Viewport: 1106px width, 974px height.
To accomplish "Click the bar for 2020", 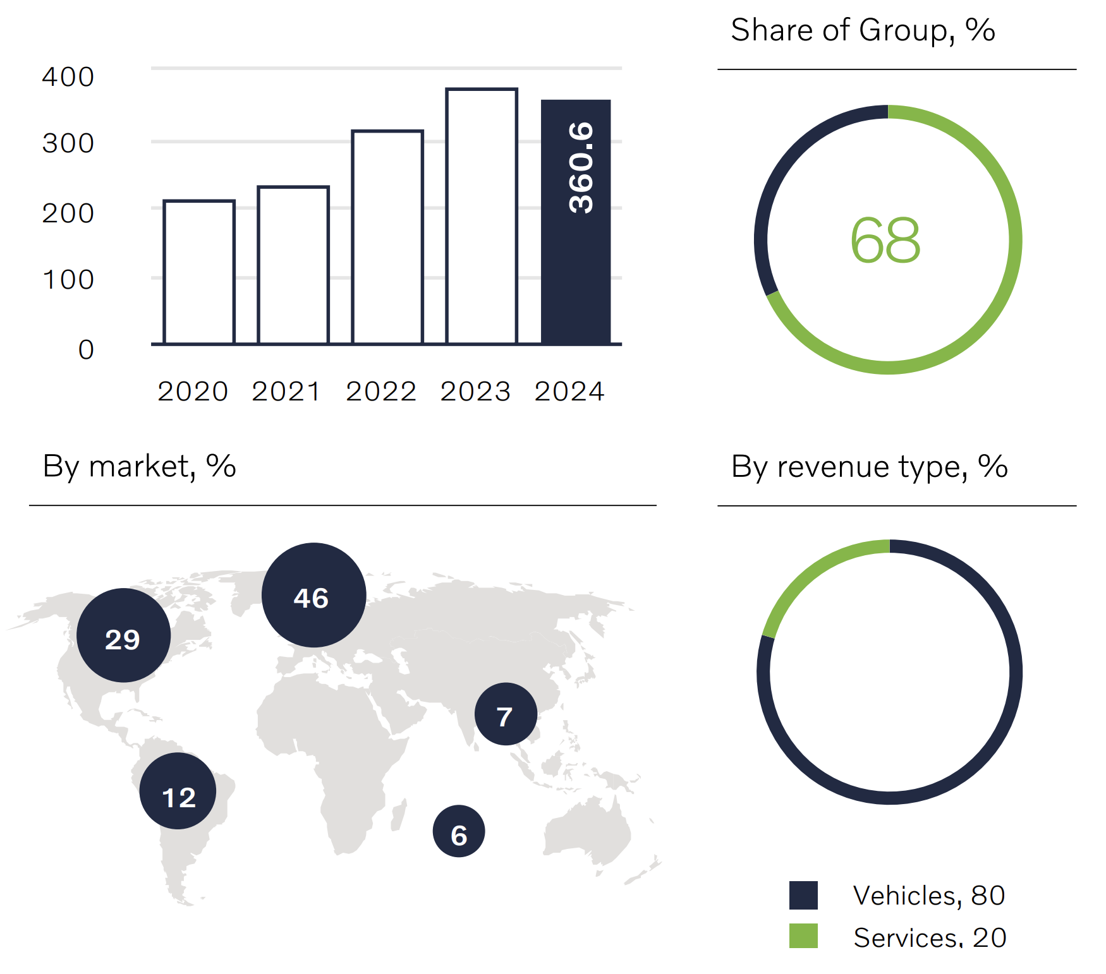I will [199, 272].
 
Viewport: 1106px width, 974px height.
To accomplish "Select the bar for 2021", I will [293, 265].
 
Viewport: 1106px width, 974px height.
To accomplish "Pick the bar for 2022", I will [387, 237].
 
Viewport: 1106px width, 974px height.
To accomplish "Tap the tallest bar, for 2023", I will [482, 217].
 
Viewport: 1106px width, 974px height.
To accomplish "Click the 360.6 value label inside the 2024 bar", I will [581, 167].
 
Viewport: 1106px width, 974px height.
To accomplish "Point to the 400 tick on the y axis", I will [68, 77].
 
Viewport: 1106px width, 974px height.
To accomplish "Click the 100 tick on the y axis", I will [68, 280].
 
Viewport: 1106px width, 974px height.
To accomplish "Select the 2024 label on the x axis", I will [569, 392].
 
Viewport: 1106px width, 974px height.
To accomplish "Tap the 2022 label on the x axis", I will [381, 392].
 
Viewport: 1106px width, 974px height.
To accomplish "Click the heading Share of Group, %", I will [863, 30].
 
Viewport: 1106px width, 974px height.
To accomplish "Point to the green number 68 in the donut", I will [885, 241].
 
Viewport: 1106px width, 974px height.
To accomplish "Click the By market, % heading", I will [140, 467].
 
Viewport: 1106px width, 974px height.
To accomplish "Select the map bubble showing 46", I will [313, 595].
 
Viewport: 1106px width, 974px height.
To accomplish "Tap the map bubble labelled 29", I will [124, 635].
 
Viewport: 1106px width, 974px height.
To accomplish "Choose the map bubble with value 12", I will [178, 791].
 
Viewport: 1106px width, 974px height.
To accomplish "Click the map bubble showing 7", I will [506, 714].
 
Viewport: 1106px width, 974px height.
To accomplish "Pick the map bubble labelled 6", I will [459, 831].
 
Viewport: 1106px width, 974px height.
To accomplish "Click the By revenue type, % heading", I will [869, 467].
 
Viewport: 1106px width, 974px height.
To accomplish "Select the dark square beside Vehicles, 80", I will [803, 895].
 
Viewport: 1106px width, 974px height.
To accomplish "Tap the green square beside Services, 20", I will [803, 935].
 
